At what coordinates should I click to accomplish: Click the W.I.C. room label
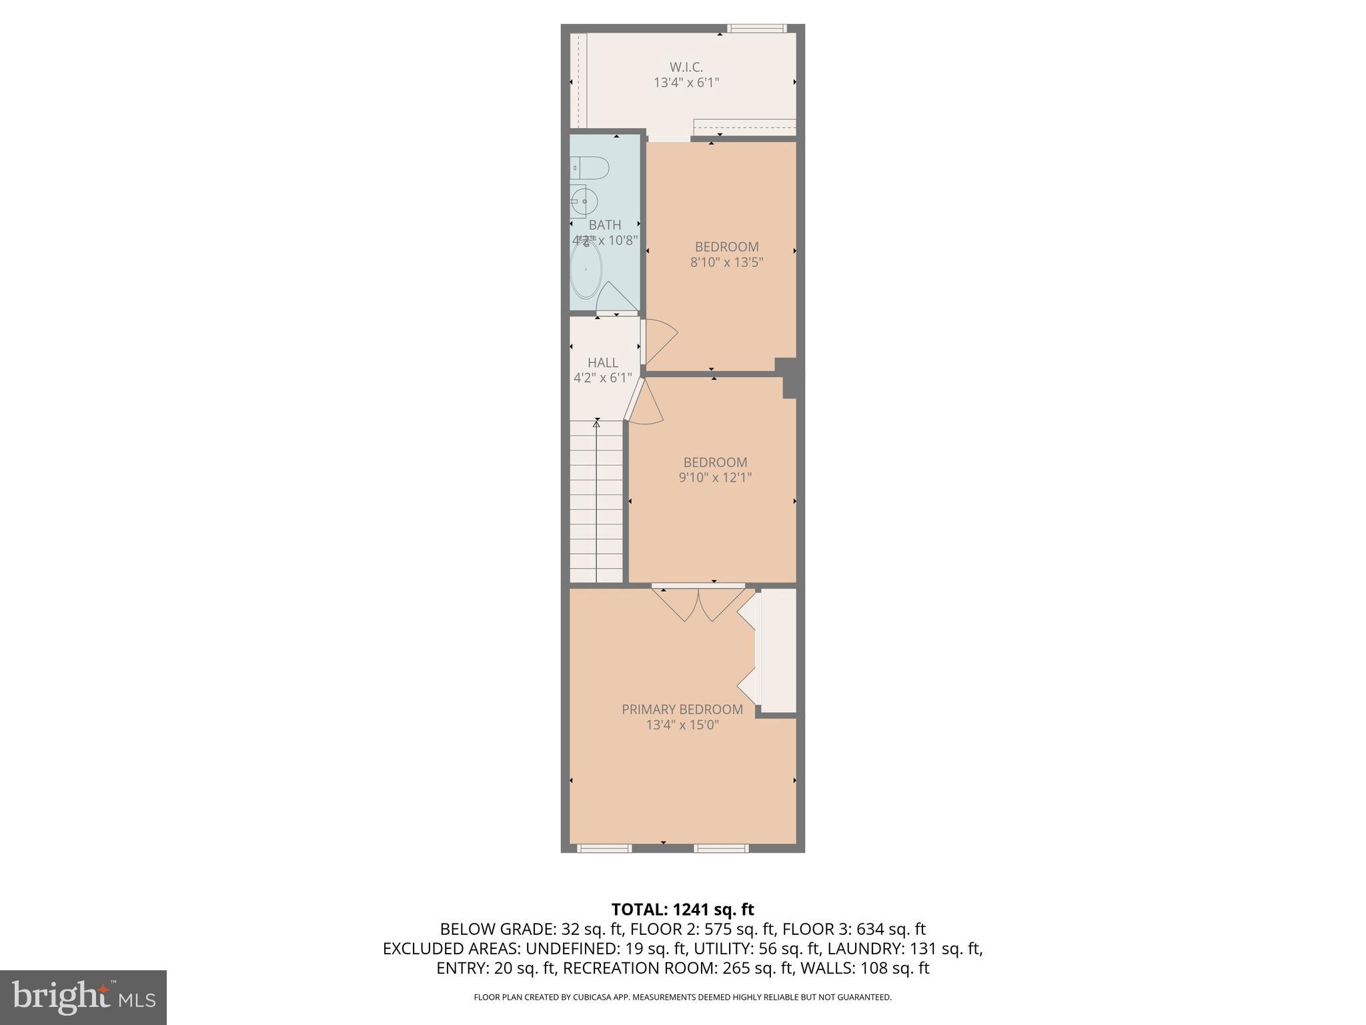686,67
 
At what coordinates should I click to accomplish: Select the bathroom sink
584,201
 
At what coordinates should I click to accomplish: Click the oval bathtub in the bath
586,270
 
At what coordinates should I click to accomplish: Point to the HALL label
602,362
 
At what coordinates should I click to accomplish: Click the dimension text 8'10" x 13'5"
726,262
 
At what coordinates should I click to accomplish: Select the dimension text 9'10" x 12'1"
715,477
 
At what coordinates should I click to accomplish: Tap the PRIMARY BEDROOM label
682,709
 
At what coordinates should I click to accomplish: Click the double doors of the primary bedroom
698,605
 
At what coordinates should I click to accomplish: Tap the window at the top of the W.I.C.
756,28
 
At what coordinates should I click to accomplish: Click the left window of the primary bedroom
604,848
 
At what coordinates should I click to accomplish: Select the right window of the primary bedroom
721,848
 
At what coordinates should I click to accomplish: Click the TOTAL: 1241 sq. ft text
682,909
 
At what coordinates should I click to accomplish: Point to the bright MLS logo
83,998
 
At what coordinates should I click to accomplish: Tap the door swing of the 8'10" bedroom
660,340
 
